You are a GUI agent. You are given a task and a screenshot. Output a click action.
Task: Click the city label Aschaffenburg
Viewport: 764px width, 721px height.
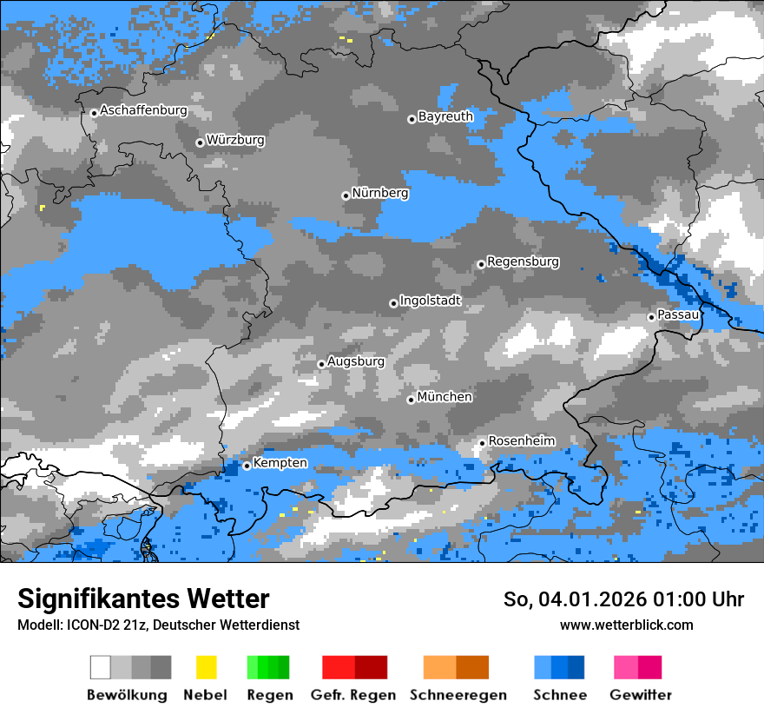pos(143,111)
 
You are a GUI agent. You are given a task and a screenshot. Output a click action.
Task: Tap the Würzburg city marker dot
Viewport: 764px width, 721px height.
pos(200,142)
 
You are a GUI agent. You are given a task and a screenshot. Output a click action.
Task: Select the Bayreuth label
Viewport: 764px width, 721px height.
pos(445,116)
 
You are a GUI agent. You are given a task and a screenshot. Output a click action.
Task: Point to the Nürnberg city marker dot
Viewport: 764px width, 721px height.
pos(346,195)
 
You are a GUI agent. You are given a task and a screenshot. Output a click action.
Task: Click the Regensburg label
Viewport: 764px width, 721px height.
pos(523,261)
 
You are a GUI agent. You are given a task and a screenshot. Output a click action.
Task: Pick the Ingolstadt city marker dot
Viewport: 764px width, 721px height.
pos(393,303)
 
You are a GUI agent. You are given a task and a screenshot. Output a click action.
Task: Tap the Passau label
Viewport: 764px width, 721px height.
pos(678,314)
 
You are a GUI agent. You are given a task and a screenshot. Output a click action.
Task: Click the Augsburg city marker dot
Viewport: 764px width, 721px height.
pos(321,364)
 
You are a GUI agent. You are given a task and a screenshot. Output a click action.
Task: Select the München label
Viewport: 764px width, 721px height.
pos(445,397)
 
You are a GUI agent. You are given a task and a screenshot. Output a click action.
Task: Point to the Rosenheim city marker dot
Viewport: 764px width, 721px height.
pos(482,443)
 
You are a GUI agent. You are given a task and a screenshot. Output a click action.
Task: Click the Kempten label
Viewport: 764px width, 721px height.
pos(280,463)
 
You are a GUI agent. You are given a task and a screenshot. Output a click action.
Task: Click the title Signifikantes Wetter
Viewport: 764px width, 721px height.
pos(143,599)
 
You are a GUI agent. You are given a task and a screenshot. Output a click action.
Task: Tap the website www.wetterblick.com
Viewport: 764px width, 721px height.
pos(626,625)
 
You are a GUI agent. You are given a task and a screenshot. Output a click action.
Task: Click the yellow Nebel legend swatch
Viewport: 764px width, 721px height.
pos(206,667)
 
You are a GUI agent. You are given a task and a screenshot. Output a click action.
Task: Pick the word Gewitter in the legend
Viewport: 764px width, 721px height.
pos(641,695)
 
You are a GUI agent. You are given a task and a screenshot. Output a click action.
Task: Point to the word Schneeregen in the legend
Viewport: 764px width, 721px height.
pos(458,695)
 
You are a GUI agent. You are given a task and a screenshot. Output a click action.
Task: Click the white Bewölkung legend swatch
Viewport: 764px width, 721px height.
pos(101,667)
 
